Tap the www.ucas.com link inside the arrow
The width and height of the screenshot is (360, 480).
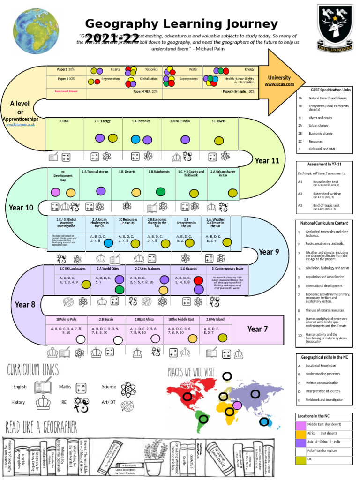click(x=279, y=84)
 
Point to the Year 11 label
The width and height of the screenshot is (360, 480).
click(x=267, y=161)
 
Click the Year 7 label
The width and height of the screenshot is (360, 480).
click(x=257, y=329)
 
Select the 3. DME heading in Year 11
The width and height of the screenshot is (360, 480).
click(x=64, y=121)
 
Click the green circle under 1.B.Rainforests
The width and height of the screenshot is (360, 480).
click(x=160, y=191)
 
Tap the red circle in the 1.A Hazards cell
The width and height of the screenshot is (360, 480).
click(x=198, y=280)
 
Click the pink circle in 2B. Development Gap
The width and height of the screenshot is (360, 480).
click(x=55, y=192)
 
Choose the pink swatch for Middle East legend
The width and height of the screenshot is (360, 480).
click(x=300, y=425)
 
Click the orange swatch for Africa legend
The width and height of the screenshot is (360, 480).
click(x=300, y=434)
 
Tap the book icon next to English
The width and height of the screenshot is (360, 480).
click(x=43, y=387)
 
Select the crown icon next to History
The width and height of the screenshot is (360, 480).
click(x=43, y=403)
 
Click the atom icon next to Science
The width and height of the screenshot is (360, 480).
click(x=127, y=389)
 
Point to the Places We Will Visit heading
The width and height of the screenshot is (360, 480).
click(x=191, y=372)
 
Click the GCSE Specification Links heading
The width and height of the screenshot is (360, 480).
click(x=324, y=90)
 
